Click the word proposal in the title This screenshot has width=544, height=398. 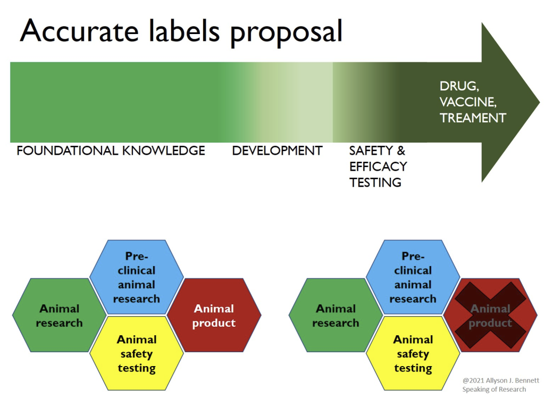286,34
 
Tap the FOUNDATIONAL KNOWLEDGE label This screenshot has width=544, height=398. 111,151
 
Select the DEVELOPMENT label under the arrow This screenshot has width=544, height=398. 277,151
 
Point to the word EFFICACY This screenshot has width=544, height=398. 378,167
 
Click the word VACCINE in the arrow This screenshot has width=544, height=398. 467,102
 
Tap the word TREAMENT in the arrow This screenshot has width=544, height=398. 473,118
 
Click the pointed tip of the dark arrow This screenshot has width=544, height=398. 540,103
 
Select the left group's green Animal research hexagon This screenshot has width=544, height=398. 59,316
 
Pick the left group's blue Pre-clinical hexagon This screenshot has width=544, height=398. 136,277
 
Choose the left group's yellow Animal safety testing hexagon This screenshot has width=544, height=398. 136,353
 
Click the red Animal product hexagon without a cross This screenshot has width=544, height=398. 214,316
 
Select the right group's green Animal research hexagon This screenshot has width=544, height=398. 336,316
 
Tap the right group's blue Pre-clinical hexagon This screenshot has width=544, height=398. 413,277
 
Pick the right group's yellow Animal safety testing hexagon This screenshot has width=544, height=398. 413,353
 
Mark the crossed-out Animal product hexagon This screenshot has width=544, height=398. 490,316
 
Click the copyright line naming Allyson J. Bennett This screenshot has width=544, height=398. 500,380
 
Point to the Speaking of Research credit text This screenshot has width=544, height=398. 494,389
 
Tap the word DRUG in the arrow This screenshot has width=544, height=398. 459,86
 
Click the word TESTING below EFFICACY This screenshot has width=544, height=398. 375,183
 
